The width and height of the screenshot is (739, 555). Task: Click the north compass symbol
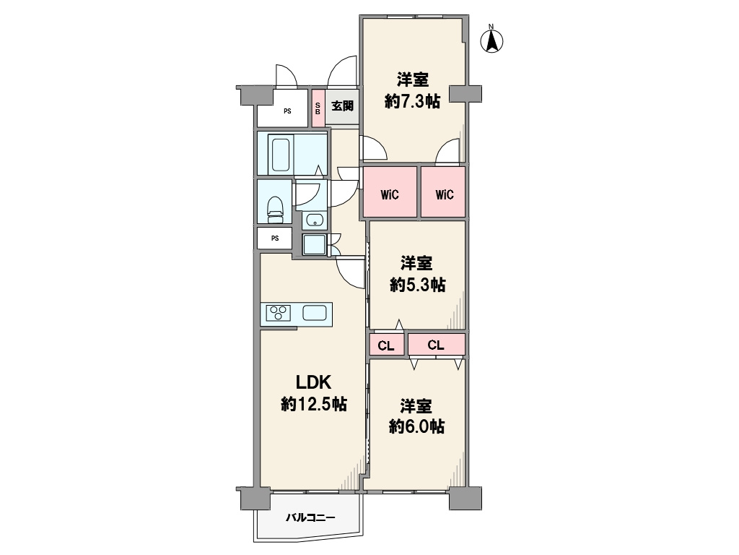(x=491, y=40)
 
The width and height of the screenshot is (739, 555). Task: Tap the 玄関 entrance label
(x=342, y=106)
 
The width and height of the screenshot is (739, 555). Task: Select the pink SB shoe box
(x=318, y=108)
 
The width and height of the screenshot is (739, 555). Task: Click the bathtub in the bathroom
(x=281, y=155)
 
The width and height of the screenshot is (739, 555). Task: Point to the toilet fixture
(x=276, y=209)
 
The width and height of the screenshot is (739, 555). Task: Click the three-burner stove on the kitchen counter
(x=278, y=313)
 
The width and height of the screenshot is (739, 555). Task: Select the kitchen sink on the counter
(x=315, y=313)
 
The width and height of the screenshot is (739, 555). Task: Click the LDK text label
(x=313, y=382)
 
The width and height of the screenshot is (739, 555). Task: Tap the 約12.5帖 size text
(x=314, y=404)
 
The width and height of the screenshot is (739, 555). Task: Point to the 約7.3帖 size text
(x=412, y=101)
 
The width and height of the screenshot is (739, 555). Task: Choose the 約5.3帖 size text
(x=418, y=285)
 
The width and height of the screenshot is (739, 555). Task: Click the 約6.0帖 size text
(x=416, y=426)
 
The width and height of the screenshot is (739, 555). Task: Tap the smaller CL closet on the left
(x=387, y=345)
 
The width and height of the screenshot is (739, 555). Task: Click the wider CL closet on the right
(x=437, y=345)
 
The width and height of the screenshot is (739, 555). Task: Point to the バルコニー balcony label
(x=310, y=517)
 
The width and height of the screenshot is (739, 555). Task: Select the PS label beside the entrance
(x=287, y=111)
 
